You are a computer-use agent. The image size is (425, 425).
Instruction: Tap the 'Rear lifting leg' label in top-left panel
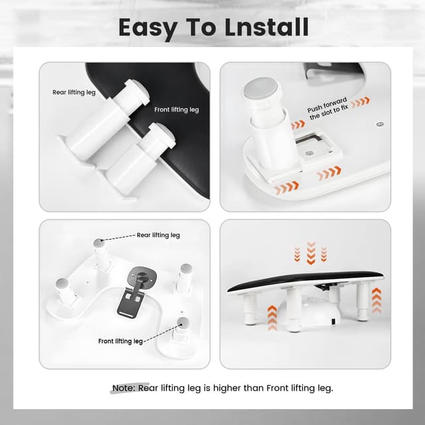click(74, 92)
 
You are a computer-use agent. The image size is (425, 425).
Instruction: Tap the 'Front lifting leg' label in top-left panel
click(176, 110)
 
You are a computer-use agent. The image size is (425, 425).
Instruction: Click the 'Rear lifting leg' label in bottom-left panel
click(158, 235)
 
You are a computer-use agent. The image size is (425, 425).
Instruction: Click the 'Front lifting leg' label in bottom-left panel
click(120, 341)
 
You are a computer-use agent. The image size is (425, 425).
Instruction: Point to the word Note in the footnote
click(123, 388)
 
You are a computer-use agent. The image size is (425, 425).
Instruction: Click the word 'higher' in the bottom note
click(218, 388)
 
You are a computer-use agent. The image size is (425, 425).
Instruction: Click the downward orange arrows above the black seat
click(310, 253)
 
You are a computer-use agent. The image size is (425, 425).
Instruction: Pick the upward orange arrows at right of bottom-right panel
click(377, 301)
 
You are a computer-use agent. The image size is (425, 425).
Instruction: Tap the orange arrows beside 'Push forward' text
click(361, 102)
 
